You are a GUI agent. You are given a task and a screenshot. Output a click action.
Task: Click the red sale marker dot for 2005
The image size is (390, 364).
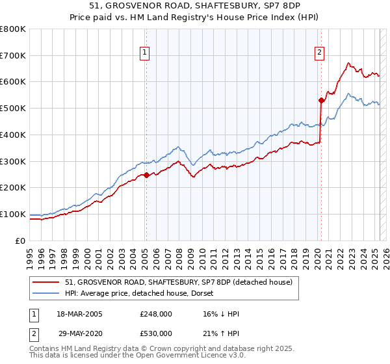tap(146, 174)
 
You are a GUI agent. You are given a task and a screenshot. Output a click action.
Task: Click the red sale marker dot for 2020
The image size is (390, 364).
tap(321, 100)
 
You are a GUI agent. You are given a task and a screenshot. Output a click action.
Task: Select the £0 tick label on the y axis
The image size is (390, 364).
tap(21, 240)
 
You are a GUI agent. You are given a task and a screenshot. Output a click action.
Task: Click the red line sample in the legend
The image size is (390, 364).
tap(46, 282)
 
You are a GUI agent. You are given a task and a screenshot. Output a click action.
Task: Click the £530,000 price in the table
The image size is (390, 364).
tap(156, 333)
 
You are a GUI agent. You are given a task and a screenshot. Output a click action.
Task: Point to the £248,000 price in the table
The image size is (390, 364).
tap(156, 313)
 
